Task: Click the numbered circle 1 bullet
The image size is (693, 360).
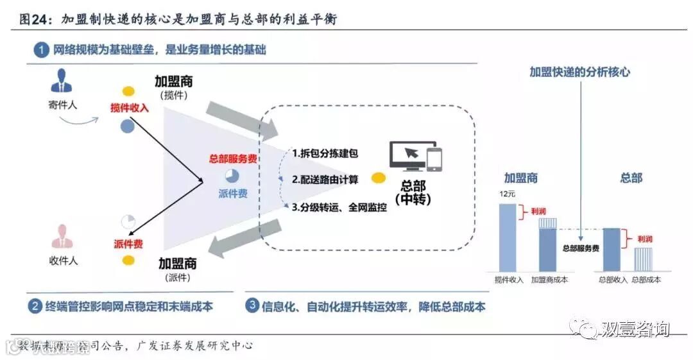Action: [x=41, y=49]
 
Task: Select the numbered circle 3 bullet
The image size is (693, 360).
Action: [x=252, y=305]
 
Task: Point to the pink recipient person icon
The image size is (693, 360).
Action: [x=62, y=237]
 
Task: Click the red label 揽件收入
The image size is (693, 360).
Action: [x=129, y=108]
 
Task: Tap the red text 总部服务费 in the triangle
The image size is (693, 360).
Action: [x=234, y=159]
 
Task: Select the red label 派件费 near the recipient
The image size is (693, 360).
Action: [x=128, y=244]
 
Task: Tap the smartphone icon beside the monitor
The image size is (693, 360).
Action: [x=435, y=159]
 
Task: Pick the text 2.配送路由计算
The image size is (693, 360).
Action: [x=325, y=179]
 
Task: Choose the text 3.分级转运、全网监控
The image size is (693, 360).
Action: [x=339, y=207]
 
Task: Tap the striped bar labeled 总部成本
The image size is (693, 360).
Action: [x=644, y=258]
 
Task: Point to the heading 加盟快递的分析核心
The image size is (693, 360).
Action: [x=579, y=72]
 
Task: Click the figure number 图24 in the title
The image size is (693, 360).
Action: [x=34, y=19]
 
